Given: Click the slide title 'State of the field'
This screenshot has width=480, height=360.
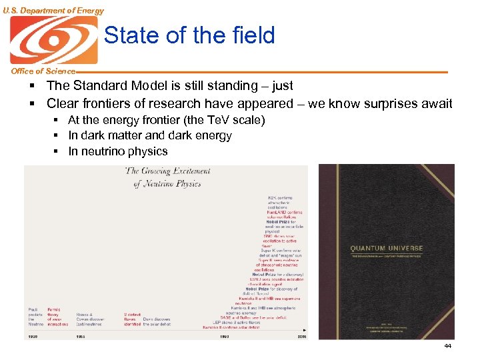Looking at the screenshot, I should [189, 35].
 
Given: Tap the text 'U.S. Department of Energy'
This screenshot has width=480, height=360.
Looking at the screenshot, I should [53, 10].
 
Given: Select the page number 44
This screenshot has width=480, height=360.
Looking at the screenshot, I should [447, 346].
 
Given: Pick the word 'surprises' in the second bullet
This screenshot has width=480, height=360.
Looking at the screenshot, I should [387, 104].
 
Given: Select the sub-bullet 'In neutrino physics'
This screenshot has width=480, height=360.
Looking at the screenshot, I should [118, 151].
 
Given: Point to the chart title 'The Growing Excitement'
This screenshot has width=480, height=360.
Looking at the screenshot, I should [167, 171].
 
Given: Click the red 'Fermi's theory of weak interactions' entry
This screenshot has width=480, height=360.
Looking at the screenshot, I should [57, 317].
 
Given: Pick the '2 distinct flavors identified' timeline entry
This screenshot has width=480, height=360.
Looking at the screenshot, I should [131, 319].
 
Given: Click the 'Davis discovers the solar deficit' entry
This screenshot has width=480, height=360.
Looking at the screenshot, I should [157, 321].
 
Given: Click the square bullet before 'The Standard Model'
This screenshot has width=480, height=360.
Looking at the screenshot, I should [31, 86].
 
